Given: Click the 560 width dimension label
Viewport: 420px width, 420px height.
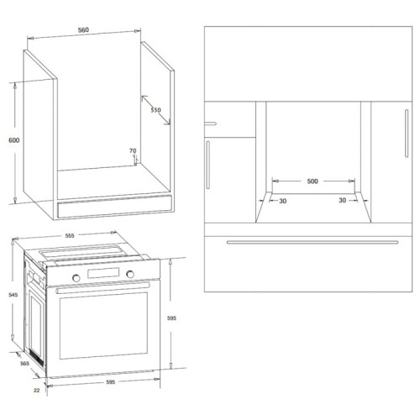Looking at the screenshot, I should click(x=84, y=31).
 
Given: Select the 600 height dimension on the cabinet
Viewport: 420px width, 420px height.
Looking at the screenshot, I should click(x=13, y=140).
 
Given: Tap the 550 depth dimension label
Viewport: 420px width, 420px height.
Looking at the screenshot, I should click(x=155, y=111).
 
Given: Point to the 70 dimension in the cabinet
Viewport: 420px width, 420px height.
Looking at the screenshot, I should click(x=133, y=151).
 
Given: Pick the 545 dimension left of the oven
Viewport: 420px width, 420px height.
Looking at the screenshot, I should click(x=12, y=295).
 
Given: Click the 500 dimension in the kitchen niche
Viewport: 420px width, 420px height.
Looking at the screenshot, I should click(x=312, y=181).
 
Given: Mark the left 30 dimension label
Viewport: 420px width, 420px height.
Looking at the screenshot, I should click(x=282, y=201).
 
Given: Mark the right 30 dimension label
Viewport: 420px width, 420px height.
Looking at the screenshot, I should click(x=342, y=201).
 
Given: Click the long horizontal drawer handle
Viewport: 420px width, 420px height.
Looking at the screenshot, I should click(x=312, y=242).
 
